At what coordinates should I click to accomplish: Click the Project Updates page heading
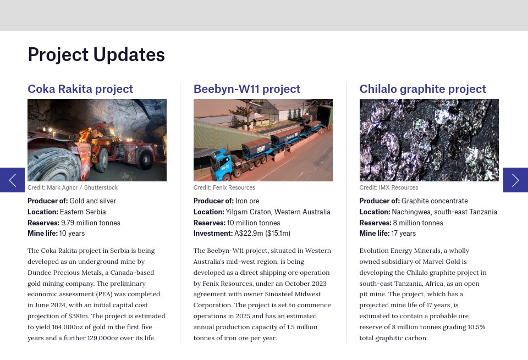click(x=96, y=55)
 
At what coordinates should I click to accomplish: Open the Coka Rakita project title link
click(x=80, y=89)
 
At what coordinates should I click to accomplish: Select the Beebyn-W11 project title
click(x=246, y=89)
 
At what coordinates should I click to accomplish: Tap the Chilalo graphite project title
click(x=422, y=89)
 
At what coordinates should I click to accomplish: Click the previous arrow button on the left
click(x=12, y=180)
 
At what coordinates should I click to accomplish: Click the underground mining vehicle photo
click(x=97, y=140)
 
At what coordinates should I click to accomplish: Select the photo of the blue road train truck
click(x=263, y=140)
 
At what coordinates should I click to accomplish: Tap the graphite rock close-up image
click(x=429, y=140)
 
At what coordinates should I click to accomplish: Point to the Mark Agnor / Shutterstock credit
click(x=73, y=187)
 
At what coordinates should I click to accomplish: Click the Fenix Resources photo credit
click(x=224, y=187)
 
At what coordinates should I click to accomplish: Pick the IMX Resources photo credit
click(x=389, y=187)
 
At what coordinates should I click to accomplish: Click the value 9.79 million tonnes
click(x=91, y=223)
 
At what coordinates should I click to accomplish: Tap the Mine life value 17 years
click(x=404, y=234)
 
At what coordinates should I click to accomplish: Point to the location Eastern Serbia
click(x=83, y=212)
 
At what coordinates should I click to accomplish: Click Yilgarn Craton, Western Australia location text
click(x=278, y=212)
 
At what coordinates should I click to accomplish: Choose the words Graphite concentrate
click(x=435, y=201)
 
